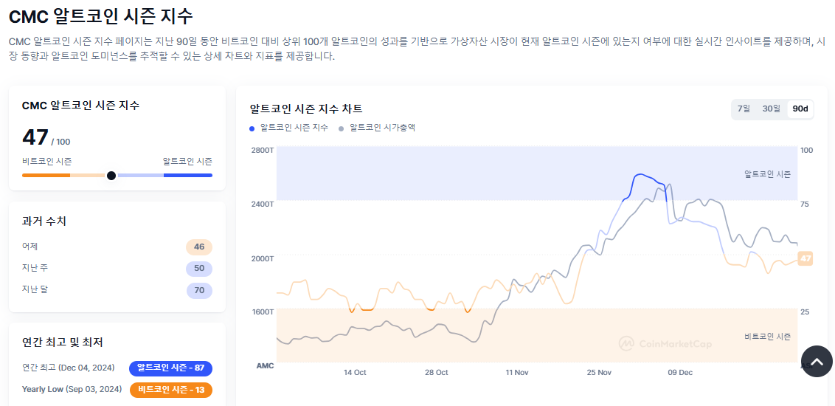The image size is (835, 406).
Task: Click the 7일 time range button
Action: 744,109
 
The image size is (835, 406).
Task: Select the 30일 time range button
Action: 771,109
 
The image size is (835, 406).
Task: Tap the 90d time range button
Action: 800,109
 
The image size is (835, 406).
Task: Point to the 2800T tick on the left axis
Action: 263,151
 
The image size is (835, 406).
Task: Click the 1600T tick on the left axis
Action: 263,312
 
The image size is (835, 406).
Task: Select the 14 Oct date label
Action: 355,373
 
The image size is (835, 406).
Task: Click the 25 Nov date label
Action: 599,373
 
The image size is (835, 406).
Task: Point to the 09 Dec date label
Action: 680,373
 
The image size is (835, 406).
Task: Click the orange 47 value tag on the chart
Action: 805,258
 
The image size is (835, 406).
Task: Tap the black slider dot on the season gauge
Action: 111,176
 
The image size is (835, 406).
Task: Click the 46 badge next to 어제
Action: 199,247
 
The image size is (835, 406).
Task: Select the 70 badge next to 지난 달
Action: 199,290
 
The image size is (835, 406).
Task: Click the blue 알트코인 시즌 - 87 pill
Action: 170,368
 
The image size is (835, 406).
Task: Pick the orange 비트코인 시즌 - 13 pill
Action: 170,389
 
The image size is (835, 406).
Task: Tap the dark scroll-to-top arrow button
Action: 817,362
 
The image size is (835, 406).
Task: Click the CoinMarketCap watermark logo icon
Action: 626,344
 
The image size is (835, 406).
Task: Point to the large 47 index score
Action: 35,137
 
